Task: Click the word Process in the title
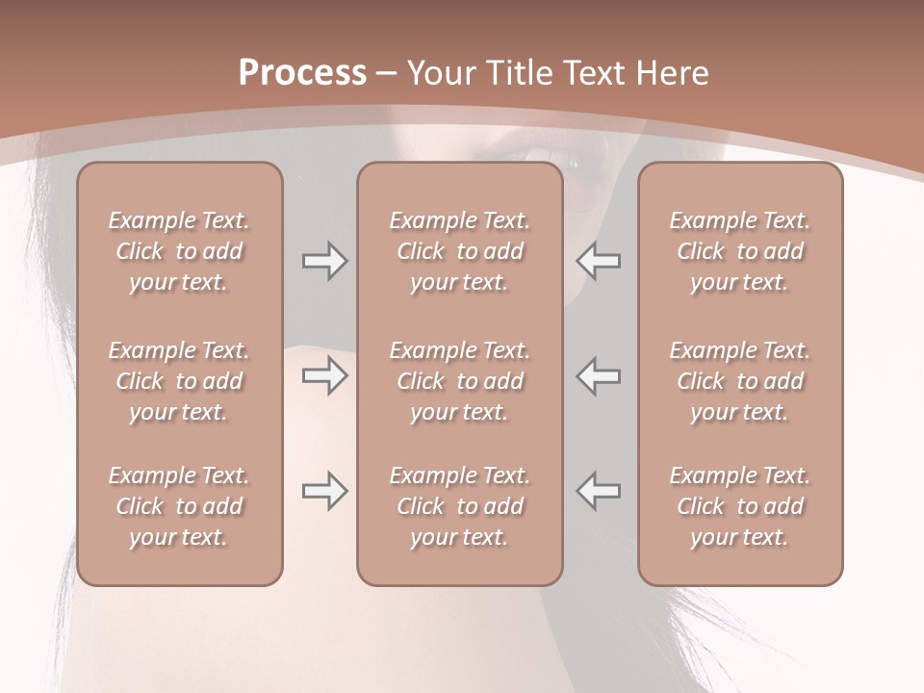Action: (x=302, y=73)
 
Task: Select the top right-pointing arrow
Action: (x=324, y=261)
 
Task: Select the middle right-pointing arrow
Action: (x=324, y=375)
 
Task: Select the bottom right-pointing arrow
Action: (x=324, y=491)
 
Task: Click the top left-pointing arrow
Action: (x=598, y=261)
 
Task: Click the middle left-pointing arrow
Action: (x=598, y=375)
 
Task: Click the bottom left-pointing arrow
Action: (x=598, y=491)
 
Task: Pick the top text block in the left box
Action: (x=179, y=251)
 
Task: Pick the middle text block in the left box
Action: (x=179, y=381)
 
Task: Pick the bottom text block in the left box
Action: (x=179, y=506)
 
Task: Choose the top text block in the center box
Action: (x=459, y=251)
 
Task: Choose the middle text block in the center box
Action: (x=459, y=381)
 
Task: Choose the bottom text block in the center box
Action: (x=459, y=506)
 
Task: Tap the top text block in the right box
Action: (x=739, y=251)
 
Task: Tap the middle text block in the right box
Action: (x=739, y=381)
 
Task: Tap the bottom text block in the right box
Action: (x=739, y=506)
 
